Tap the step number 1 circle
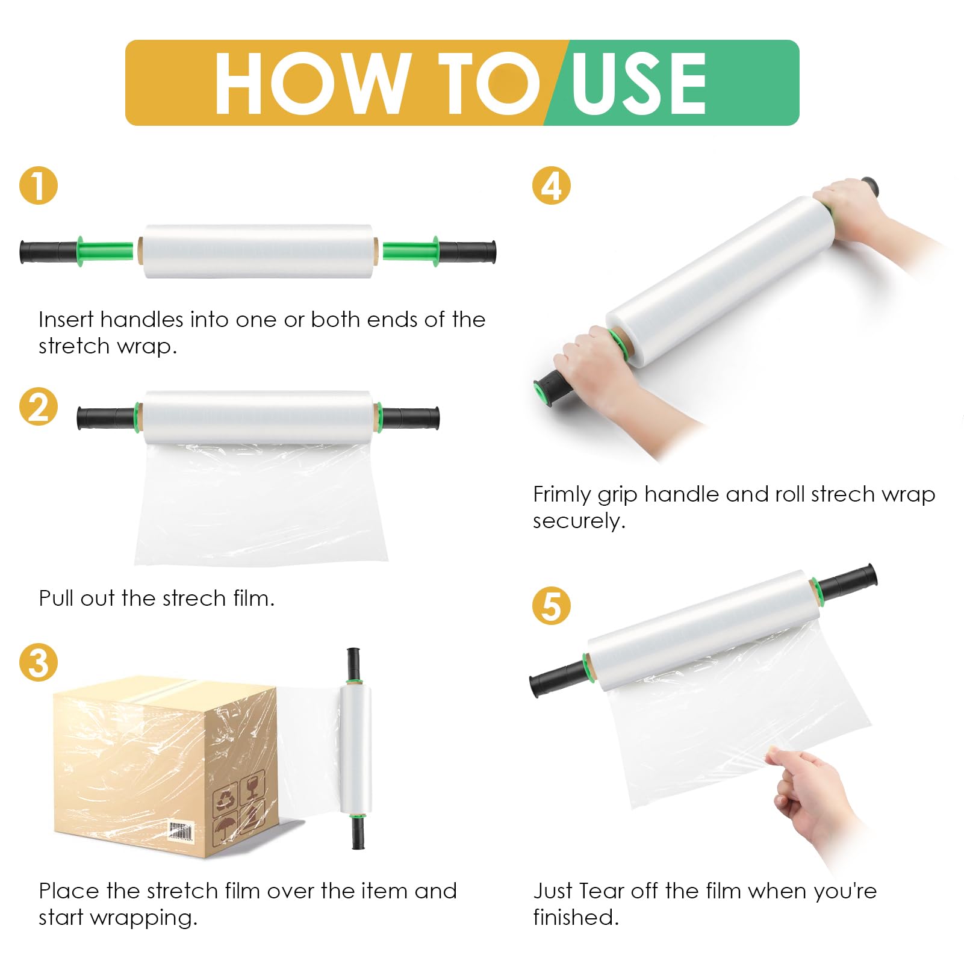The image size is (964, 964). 39,185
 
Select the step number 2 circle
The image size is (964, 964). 39,406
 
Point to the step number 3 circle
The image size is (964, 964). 39,662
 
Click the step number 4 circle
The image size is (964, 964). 551,185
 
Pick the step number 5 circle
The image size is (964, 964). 551,605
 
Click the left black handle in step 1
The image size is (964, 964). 48,252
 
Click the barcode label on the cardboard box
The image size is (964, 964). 181,832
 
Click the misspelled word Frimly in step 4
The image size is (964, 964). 561,495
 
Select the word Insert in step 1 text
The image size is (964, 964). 66,320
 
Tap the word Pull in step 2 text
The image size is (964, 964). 56,599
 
